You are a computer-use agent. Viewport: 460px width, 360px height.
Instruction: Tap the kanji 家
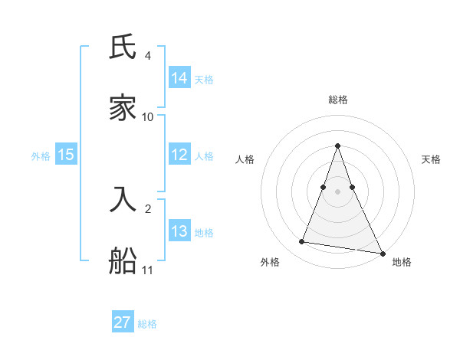tap(123, 107)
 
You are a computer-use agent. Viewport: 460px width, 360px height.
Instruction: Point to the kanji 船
tap(123, 260)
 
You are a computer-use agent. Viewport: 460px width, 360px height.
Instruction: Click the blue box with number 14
tap(179, 77)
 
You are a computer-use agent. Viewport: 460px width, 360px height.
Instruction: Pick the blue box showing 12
tap(179, 154)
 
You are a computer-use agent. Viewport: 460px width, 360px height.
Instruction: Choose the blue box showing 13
tap(179, 231)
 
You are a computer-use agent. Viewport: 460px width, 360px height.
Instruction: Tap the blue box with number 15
tap(66, 154)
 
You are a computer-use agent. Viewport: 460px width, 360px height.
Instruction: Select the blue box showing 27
tap(123, 322)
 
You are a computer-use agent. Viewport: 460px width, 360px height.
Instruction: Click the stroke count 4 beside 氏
tap(147, 56)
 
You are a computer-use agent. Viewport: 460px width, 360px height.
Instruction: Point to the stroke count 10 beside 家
tap(148, 116)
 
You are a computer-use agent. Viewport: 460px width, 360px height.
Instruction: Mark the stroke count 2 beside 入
tap(147, 208)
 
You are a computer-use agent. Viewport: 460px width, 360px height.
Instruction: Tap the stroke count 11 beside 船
tap(148, 270)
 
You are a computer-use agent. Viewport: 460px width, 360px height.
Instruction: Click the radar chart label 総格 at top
tap(337, 100)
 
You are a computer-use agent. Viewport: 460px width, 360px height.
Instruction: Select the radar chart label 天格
tap(432, 159)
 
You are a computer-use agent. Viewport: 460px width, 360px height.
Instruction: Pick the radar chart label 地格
tap(402, 262)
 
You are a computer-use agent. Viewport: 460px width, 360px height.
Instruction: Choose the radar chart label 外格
tap(270, 262)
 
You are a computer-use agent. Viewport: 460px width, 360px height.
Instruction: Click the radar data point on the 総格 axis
tap(337, 146)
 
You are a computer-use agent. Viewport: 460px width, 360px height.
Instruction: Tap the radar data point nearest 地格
tap(382, 253)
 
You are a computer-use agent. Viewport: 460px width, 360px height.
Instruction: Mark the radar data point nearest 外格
tap(302, 242)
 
